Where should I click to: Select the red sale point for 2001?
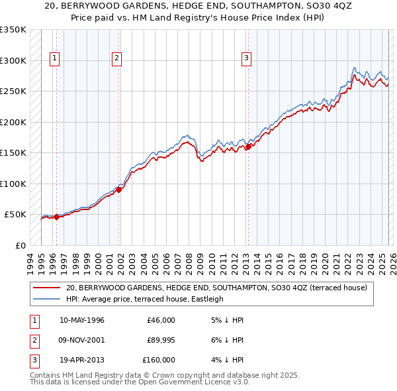pos(119,190)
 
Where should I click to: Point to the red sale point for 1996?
pos(56,217)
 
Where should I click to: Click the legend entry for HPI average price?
pos(144,299)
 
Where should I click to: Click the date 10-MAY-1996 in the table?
pos(81,320)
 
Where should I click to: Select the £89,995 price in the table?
pos(161,340)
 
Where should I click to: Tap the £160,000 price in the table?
pos(159,360)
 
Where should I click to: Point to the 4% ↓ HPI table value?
pos(229,360)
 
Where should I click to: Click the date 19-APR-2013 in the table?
pos(81,360)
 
